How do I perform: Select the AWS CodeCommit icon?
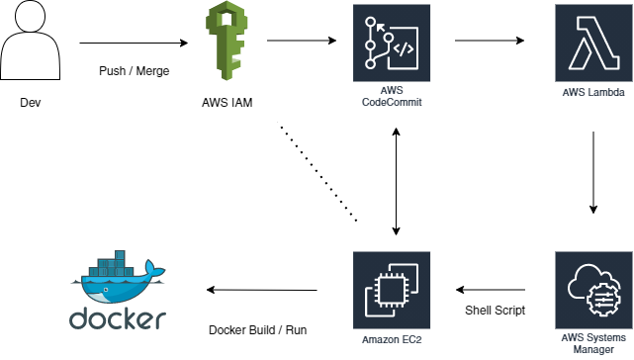(x=394, y=42)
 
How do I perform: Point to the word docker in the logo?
(x=118, y=319)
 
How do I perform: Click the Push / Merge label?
(x=133, y=72)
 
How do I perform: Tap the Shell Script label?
(x=496, y=311)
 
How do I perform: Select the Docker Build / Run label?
(x=259, y=329)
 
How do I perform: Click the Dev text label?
(x=31, y=102)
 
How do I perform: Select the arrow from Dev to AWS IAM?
(x=133, y=44)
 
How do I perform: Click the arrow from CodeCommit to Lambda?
(x=490, y=42)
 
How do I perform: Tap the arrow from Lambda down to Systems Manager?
(x=593, y=173)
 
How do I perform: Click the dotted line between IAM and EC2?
(x=317, y=174)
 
